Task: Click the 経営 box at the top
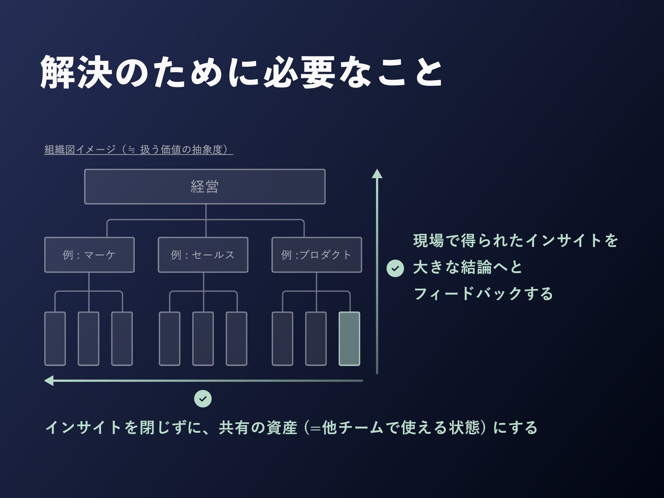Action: (x=205, y=187)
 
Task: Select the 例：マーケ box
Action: (x=89, y=255)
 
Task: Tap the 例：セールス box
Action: (x=203, y=255)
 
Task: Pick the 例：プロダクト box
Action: (x=316, y=255)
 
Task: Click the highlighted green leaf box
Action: (x=349, y=339)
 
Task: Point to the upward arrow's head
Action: (x=377, y=174)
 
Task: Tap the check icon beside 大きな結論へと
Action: (x=395, y=268)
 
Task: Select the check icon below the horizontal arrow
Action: (x=203, y=399)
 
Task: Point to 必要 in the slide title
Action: (x=299, y=73)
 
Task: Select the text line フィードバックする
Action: (x=483, y=294)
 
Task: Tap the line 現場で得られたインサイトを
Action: (x=515, y=241)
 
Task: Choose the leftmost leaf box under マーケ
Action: (x=55, y=339)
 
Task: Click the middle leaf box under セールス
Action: (x=203, y=339)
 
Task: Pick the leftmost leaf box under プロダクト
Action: (x=282, y=339)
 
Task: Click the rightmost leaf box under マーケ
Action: (x=122, y=339)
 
